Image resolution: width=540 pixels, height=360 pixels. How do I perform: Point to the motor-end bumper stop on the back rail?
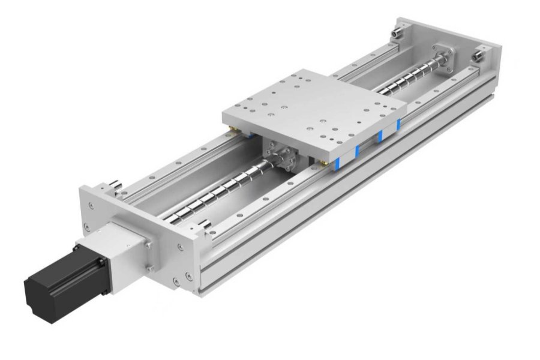pyautogui.click(x=115, y=185)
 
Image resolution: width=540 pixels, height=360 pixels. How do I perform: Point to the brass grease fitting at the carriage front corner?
pyautogui.click(x=323, y=162)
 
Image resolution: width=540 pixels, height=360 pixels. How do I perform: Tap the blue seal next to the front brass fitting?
pyautogui.click(x=338, y=161)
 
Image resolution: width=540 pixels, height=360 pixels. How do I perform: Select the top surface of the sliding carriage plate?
pyautogui.click(x=312, y=105)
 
